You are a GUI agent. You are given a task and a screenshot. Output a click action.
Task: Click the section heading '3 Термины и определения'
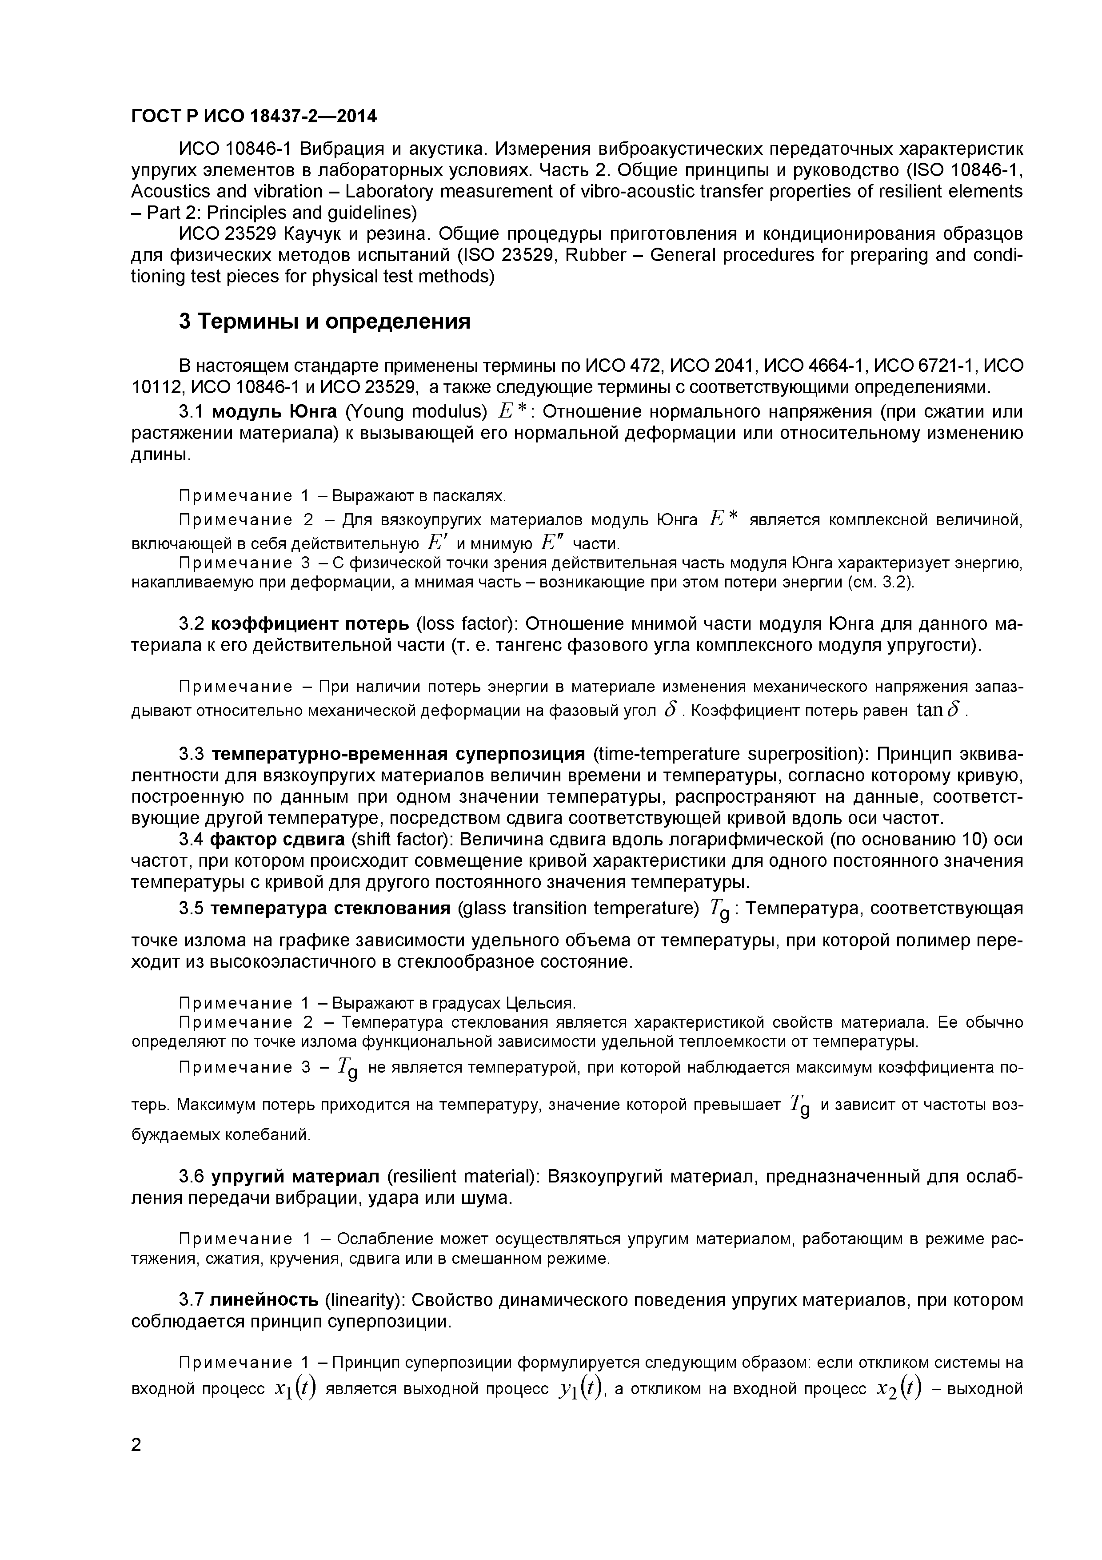[x=324, y=321]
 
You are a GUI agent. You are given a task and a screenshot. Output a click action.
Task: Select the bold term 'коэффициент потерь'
[x=310, y=623]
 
